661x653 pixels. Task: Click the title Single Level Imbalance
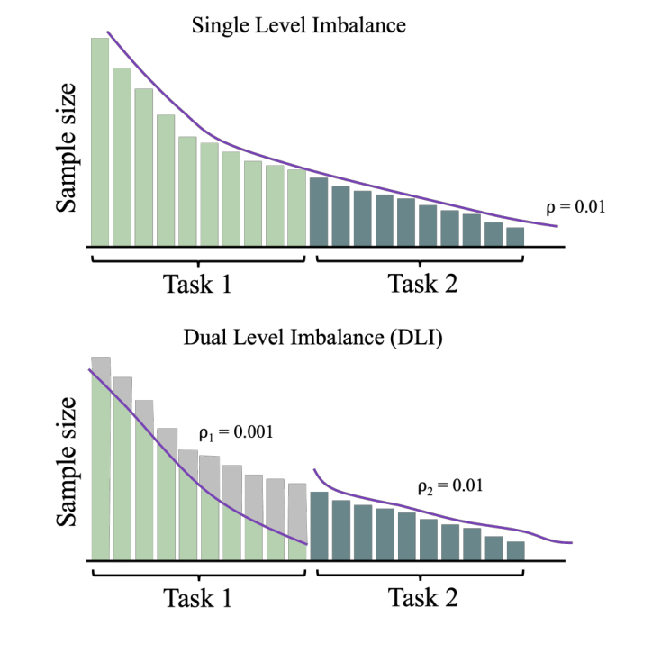click(299, 25)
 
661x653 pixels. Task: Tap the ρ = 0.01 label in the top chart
click(575, 206)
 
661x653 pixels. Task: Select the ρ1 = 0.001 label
click(235, 432)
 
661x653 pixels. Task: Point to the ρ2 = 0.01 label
click(450, 486)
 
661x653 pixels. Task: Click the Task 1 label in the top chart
click(197, 285)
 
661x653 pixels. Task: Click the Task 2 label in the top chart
click(422, 285)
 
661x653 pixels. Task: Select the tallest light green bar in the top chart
click(100, 141)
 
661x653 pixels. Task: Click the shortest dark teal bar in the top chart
click(515, 236)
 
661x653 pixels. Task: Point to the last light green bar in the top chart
click(297, 206)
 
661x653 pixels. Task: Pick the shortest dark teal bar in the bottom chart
click(515, 549)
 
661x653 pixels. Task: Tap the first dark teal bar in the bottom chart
click(318, 524)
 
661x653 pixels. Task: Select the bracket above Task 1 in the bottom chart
click(198, 573)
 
